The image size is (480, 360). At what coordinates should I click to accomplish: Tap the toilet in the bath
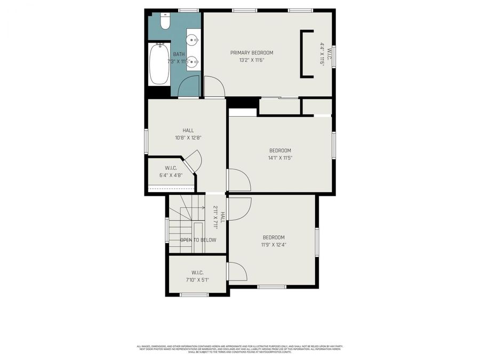(x=165, y=23)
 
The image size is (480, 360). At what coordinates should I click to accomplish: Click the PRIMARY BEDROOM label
(x=252, y=53)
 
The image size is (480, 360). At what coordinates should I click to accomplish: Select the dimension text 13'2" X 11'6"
(x=252, y=60)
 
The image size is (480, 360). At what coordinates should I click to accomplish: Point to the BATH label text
(x=179, y=54)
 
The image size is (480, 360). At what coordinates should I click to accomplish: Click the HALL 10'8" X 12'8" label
(x=188, y=134)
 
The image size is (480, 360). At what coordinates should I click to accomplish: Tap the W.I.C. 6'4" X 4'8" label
(x=171, y=171)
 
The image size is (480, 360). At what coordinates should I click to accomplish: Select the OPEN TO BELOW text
(x=198, y=240)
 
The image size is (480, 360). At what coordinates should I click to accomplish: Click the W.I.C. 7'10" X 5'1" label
(x=197, y=276)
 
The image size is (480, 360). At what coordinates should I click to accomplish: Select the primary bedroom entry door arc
(x=214, y=86)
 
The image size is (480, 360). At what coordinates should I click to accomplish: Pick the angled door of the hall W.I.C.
(x=192, y=161)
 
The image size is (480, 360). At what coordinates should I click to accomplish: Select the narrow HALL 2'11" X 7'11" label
(x=219, y=217)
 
